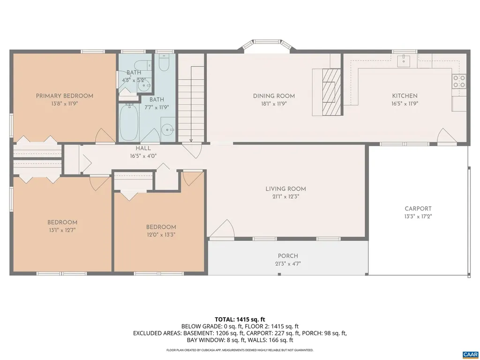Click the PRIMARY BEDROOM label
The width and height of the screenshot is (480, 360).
[65, 96]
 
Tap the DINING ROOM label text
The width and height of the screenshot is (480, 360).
[274, 96]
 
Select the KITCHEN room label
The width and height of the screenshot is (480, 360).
[405, 96]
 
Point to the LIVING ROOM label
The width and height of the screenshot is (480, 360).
[285, 189]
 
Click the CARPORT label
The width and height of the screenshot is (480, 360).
[418, 209]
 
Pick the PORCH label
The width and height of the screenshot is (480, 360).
[288, 256]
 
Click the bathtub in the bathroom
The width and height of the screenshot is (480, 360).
[128, 122]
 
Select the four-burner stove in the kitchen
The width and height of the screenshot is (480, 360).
[459, 82]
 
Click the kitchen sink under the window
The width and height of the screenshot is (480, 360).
[404, 60]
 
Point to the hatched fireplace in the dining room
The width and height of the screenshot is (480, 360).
[332, 91]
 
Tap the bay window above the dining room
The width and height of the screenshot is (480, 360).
[267, 45]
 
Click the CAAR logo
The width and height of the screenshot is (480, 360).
[470, 354]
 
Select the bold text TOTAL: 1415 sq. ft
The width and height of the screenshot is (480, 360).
[240, 319]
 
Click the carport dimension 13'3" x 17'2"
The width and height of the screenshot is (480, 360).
[418, 217]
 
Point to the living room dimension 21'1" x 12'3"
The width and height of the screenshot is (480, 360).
[285, 197]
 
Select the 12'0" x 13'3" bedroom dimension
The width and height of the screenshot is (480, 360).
[161, 234]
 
